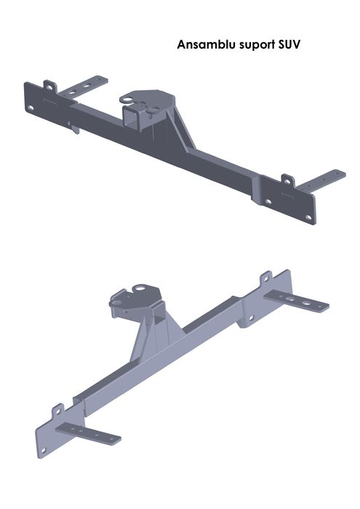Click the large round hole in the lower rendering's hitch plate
point(135,292)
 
